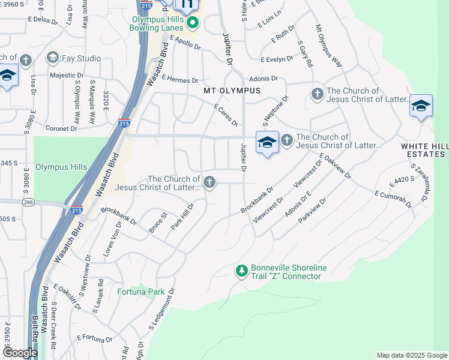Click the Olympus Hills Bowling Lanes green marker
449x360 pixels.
193,23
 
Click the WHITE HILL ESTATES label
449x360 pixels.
424,150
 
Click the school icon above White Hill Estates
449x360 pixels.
421,106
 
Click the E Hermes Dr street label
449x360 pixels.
179,80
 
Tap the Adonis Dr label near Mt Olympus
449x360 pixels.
261,79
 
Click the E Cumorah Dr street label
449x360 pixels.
393,199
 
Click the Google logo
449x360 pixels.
20,353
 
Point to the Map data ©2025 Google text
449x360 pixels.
411,355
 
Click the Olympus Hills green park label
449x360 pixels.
61,167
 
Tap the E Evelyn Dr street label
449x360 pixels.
277,59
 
